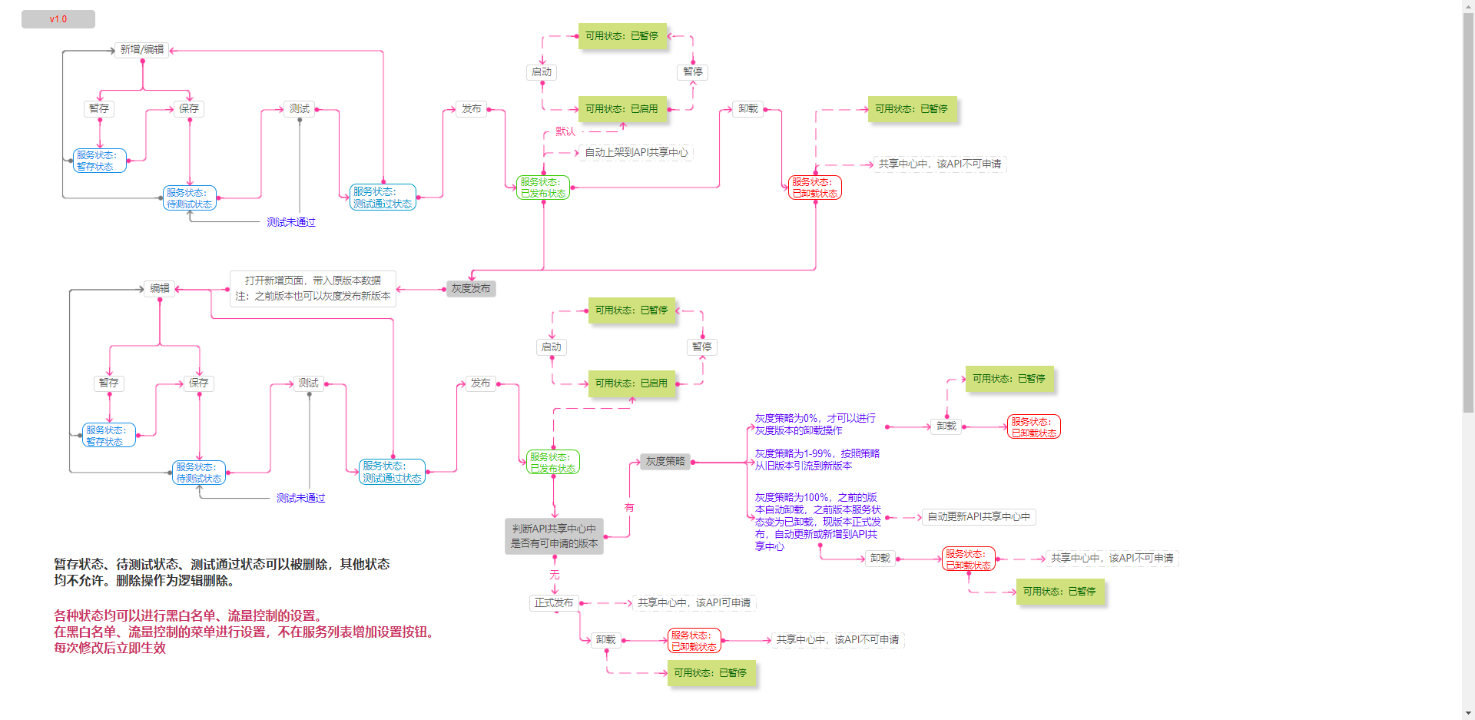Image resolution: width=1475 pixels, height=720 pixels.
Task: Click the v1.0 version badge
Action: coord(58,19)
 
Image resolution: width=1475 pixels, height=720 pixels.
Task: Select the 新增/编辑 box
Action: coord(142,50)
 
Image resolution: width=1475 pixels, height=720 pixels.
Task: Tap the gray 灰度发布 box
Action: coord(471,289)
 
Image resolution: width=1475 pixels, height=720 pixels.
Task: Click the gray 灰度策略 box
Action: coord(665,462)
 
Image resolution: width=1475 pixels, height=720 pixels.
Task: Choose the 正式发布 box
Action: coord(554,603)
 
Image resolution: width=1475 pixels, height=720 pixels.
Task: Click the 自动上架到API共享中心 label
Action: coord(636,153)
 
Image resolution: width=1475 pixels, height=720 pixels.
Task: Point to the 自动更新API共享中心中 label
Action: coord(979,517)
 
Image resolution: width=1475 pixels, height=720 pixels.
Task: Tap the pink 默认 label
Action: coord(565,132)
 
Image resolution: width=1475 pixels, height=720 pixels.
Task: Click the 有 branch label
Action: coord(629,508)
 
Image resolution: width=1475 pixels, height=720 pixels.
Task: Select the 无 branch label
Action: coord(555,576)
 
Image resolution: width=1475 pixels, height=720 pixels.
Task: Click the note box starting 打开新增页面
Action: coord(313,289)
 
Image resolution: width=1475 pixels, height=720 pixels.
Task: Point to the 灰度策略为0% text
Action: coord(815,424)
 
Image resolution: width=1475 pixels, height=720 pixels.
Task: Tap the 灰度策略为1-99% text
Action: coord(817,460)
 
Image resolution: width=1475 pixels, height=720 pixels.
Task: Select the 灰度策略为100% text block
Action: coord(817,522)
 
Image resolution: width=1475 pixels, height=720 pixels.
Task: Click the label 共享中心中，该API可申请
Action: coord(694,603)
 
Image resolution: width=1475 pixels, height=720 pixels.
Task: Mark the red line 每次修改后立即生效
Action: coord(110,648)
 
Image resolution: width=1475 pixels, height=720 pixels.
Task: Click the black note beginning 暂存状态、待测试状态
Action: coord(221,572)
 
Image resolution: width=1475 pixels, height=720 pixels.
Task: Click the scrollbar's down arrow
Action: coord(1468,713)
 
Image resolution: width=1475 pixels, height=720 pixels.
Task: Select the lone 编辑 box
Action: coord(160,289)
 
